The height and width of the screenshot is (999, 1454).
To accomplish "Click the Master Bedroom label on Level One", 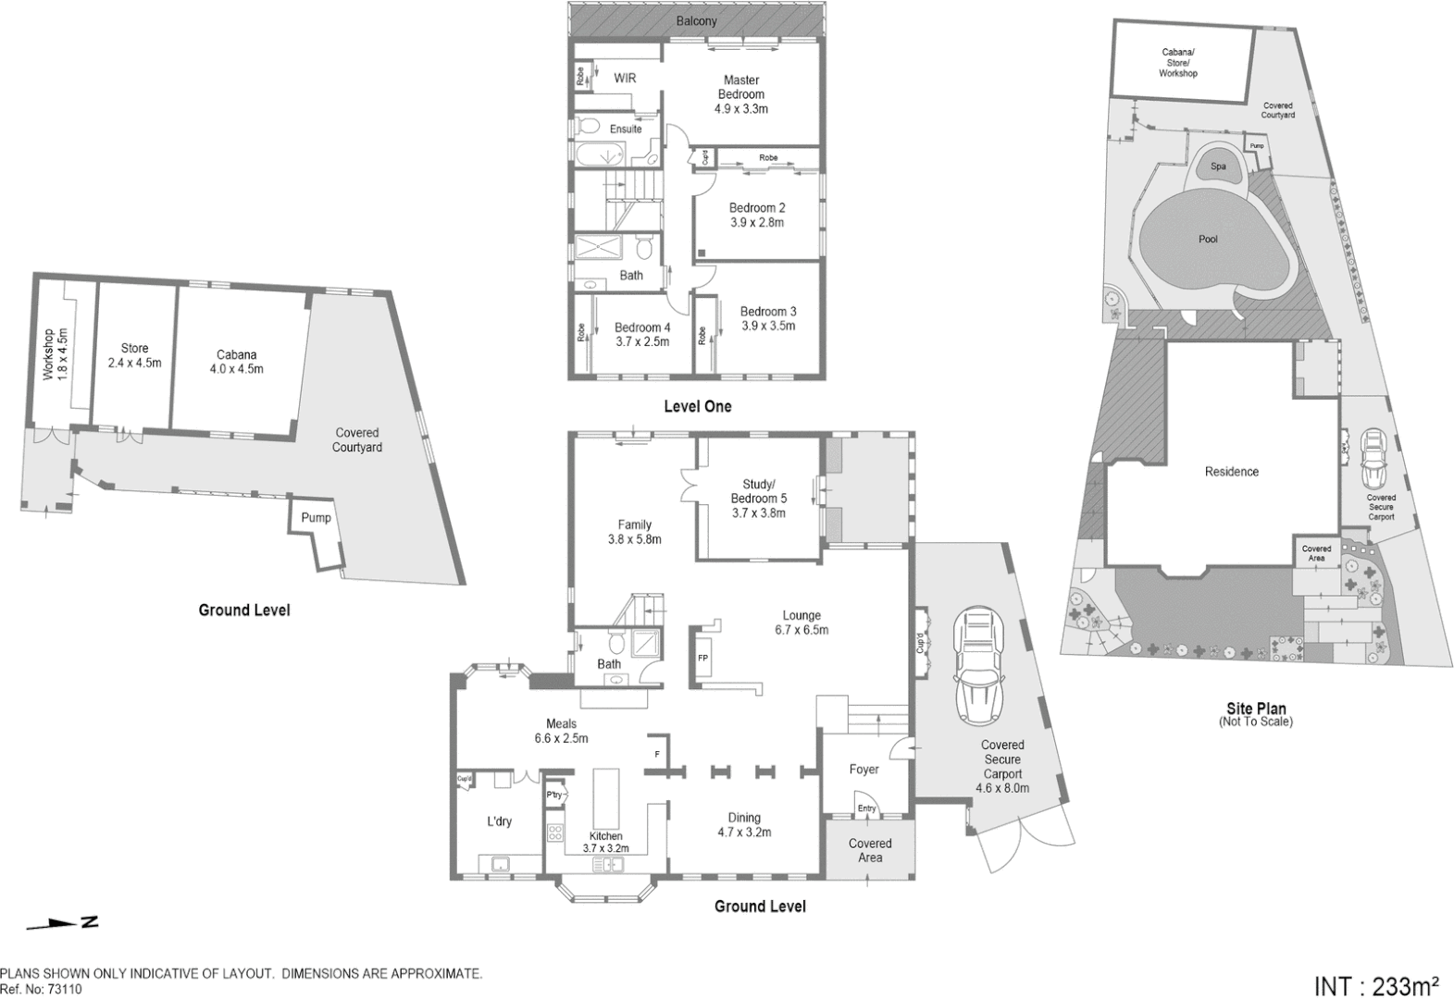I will [x=740, y=94].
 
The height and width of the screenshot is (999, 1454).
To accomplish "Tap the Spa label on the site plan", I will [x=1218, y=166].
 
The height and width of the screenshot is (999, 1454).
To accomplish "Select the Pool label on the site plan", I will [x=1208, y=239].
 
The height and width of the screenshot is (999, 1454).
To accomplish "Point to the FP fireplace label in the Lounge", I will [x=702, y=658].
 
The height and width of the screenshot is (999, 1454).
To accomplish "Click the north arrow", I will [x=63, y=922].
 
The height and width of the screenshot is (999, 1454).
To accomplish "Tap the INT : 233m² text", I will [x=1376, y=984].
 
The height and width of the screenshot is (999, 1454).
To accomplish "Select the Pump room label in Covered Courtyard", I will [x=316, y=517].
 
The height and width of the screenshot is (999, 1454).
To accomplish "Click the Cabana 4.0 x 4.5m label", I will [x=236, y=361].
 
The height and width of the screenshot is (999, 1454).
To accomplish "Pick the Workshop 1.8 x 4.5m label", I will [x=55, y=354].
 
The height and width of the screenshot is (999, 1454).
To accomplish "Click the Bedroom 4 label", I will [x=641, y=334].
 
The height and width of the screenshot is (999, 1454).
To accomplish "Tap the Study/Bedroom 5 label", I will [x=758, y=498].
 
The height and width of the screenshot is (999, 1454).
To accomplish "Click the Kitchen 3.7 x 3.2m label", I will [x=605, y=842].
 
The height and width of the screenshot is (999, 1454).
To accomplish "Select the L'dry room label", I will [x=499, y=821].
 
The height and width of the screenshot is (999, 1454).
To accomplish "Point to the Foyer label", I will [x=864, y=769].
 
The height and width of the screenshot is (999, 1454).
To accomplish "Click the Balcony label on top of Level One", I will [x=695, y=20].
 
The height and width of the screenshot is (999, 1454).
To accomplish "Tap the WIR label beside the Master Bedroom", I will [x=625, y=79].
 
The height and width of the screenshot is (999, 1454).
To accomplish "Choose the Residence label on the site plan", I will [x=1231, y=472].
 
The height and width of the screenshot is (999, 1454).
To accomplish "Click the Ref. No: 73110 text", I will [x=42, y=989].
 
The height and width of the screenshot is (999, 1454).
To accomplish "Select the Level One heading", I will [x=697, y=406].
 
